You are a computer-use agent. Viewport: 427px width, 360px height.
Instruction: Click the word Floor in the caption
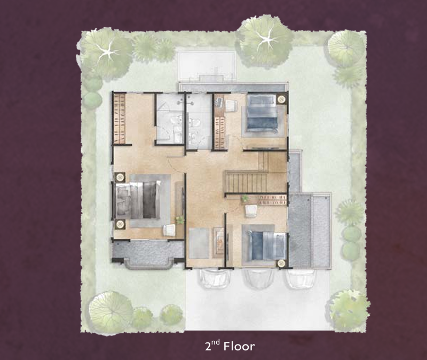[239, 346]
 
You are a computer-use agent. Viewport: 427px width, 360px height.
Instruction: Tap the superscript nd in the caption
[216, 342]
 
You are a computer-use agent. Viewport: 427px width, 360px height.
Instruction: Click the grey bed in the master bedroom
[138, 200]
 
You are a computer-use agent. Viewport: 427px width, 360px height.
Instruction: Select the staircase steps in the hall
[247, 182]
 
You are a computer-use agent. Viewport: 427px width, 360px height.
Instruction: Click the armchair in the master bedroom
[170, 230]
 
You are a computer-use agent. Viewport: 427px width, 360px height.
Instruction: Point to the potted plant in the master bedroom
[180, 220]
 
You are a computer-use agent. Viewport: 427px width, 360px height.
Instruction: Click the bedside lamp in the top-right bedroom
[281, 99]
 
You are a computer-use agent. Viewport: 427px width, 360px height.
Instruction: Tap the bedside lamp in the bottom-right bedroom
[281, 263]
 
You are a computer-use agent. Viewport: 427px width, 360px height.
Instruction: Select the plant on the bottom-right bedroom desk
[245, 198]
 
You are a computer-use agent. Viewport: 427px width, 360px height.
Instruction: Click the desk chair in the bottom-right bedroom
[251, 210]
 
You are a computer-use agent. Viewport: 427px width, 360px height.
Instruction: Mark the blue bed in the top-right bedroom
[262, 114]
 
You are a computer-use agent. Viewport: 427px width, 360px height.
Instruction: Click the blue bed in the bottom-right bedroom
[268, 245]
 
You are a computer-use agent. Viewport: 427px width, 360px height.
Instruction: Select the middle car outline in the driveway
[259, 279]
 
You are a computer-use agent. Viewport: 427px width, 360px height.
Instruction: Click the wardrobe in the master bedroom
[119, 118]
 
